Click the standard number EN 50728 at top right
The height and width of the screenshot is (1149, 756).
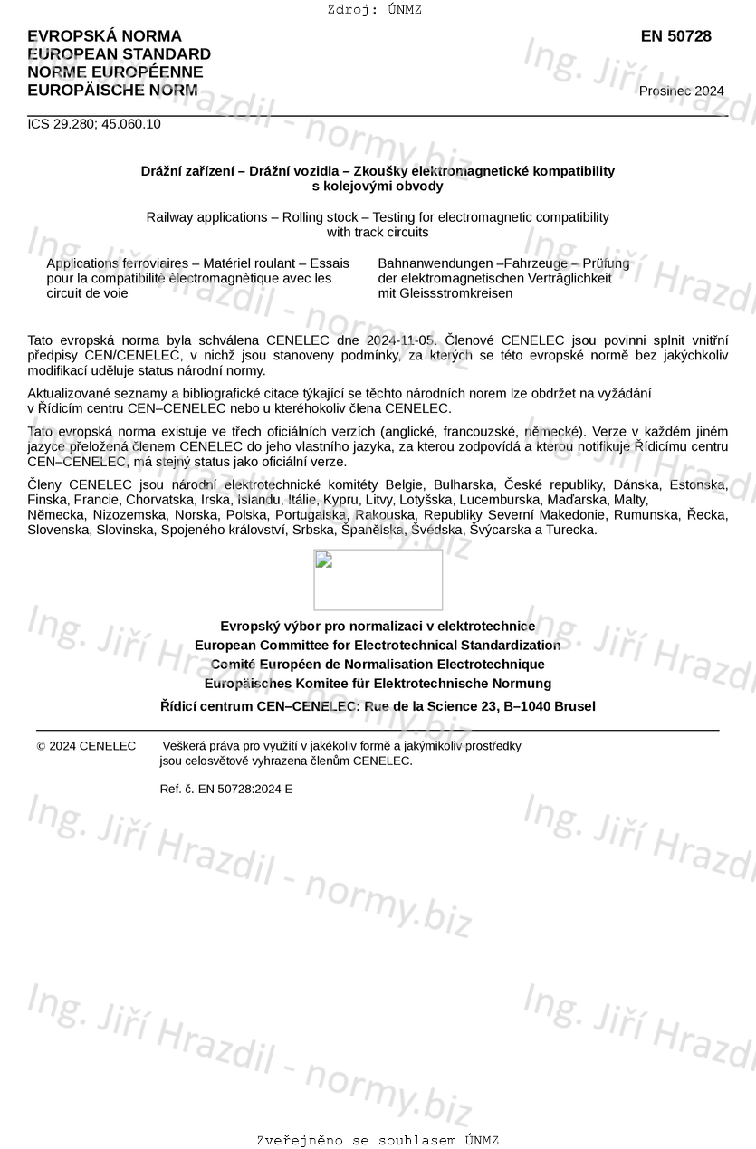pos(675,36)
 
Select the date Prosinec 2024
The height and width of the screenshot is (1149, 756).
pos(681,91)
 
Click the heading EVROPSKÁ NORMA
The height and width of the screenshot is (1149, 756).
pos(104,36)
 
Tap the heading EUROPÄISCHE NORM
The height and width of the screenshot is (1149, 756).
pos(112,90)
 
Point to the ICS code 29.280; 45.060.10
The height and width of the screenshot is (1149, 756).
pos(94,124)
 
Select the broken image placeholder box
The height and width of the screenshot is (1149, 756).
pos(378,579)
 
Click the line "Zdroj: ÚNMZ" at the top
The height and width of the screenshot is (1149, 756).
pos(374,10)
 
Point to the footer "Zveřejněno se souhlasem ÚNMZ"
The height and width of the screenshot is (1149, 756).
pos(378,1140)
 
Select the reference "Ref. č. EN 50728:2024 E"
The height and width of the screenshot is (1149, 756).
pos(225,789)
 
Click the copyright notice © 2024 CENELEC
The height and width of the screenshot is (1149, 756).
pos(87,746)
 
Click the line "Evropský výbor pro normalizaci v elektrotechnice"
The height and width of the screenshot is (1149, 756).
pos(378,626)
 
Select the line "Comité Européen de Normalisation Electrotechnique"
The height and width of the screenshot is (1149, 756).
pos(378,665)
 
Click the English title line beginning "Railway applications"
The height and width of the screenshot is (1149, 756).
pos(378,217)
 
